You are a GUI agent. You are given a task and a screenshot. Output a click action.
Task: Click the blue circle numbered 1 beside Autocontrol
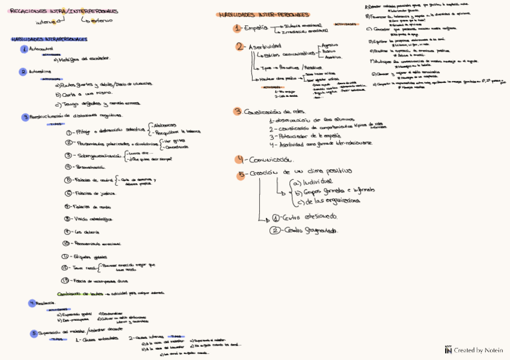click(24, 49)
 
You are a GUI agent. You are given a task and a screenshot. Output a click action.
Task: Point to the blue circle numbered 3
click(25, 117)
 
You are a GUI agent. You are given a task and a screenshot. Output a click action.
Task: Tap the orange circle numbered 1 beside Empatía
click(238, 28)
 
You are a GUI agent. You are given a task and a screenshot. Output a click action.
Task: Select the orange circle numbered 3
click(238, 111)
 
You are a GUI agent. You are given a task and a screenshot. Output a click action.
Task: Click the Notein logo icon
click(448, 349)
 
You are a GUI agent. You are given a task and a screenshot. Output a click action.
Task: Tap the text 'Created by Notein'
click(478, 350)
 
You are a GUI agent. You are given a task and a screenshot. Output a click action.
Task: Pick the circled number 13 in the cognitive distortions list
click(66, 280)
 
